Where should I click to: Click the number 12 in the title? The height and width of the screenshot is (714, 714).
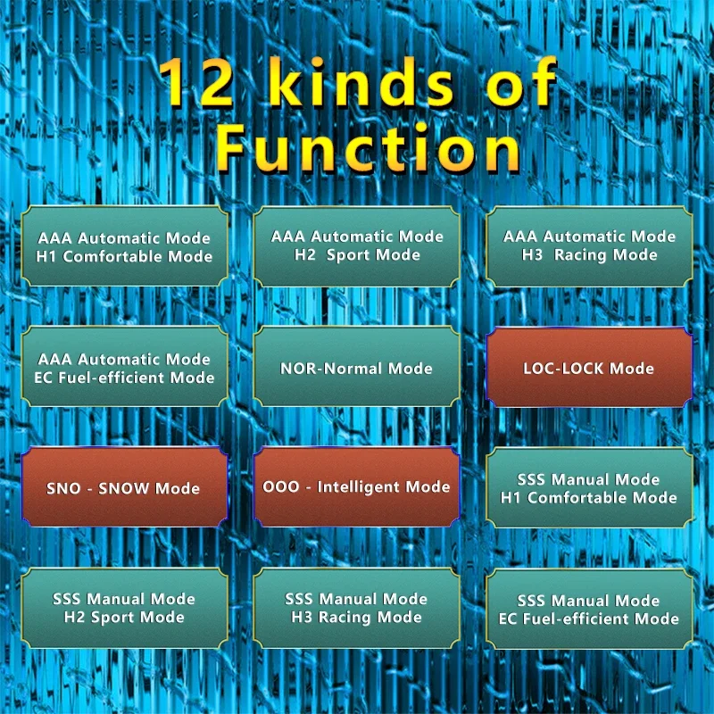(196, 82)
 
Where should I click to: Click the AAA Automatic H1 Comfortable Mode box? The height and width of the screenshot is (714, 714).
(124, 246)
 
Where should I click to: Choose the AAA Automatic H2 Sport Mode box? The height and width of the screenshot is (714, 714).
(356, 246)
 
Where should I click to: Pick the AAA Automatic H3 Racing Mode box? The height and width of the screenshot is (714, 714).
(589, 246)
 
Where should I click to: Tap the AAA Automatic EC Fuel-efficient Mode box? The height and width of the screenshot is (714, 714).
(124, 367)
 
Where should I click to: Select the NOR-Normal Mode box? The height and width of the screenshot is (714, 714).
(356, 367)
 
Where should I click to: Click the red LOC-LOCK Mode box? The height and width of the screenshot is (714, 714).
(589, 367)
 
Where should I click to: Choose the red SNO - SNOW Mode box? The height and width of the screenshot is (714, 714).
(124, 487)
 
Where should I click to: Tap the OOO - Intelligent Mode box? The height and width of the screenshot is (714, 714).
(356, 487)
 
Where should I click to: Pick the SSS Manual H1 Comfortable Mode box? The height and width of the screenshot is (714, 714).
(589, 487)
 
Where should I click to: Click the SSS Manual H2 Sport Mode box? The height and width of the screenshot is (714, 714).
(124, 609)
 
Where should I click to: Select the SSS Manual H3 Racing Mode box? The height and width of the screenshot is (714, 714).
(356, 609)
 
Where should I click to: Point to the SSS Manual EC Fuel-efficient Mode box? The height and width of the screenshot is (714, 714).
(589, 610)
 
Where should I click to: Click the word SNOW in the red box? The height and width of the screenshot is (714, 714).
(124, 488)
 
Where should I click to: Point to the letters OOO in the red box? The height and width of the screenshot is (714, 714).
(281, 486)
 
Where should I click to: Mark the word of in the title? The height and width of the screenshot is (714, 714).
(521, 82)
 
